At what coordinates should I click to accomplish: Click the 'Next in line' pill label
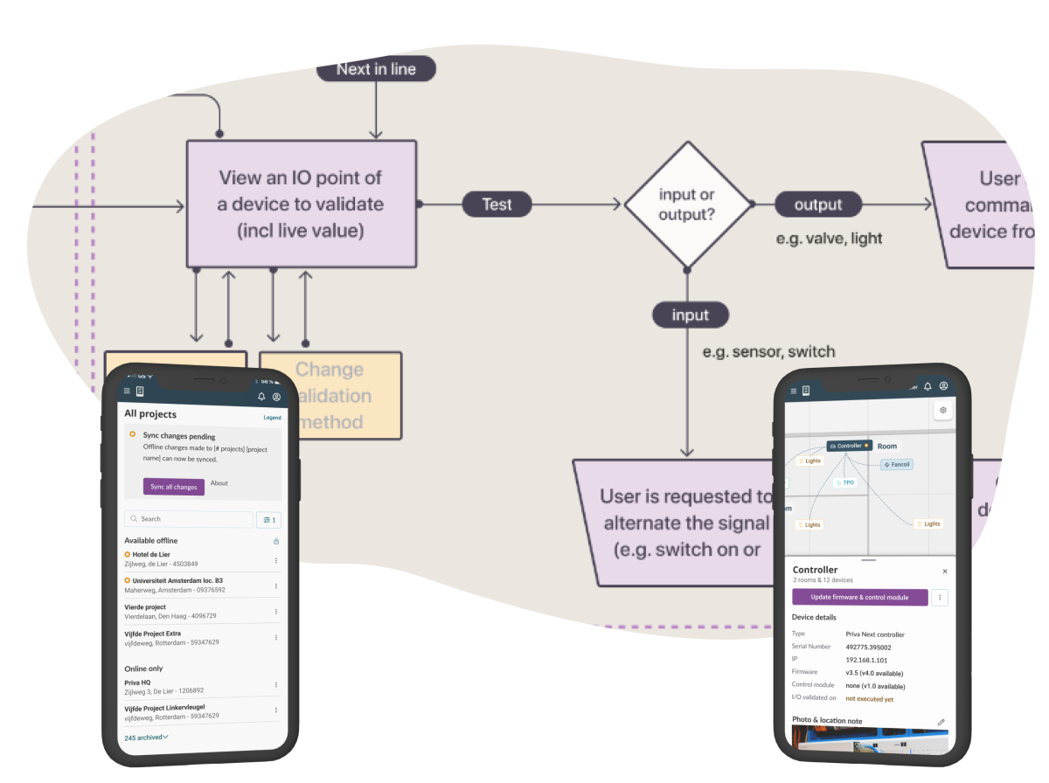click(x=376, y=69)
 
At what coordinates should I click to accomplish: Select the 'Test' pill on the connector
click(x=497, y=204)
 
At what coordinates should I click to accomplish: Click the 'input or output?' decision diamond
click(x=687, y=204)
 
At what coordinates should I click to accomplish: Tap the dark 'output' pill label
click(x=818, y=204)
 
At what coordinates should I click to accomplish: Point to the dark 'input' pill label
click(x=690, y=315)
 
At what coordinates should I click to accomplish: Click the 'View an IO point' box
click(x=301, y=204)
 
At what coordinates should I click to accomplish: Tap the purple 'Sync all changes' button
click(x=174, y=487)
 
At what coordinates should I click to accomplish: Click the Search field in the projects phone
click(x=189, y=519)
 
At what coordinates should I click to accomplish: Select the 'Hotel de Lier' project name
click(x=151, y=554)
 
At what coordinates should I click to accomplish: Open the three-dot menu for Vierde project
click(x=276, y=612)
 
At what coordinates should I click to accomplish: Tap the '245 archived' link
click(x=146, y=738)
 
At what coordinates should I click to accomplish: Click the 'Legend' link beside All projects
click(x=273, y=418)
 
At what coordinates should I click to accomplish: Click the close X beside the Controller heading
click(x=945, y=571)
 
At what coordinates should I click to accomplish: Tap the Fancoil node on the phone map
click(x=897, y=464)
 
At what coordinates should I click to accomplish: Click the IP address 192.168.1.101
click(x=866, y=660)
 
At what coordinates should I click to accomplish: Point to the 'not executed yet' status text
click(x=869, y=699)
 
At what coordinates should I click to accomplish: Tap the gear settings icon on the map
click(x=942, y=410)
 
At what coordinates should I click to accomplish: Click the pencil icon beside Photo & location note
click(x=941, y=722)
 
